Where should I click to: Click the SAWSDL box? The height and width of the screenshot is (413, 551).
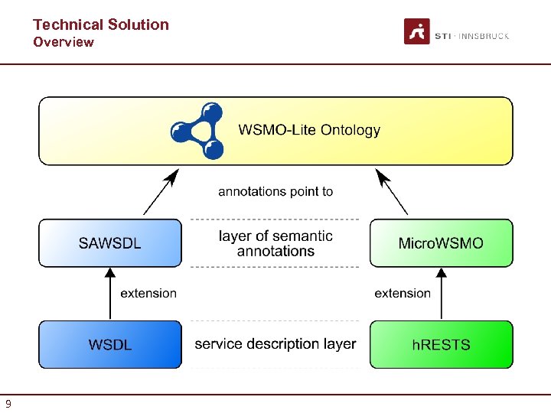pos(110,243)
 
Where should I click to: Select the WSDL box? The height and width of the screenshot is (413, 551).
pos(110,344)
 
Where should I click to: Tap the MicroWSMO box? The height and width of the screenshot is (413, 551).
pos(441,243)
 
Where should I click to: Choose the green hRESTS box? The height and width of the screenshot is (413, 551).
pos(441,344)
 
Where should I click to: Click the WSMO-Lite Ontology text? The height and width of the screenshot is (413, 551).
pos(309,130)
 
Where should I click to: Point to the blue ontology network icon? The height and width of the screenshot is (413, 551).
pos(197,131)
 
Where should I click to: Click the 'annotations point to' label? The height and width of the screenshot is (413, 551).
pos(275,191)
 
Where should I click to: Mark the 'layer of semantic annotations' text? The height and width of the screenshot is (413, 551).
pos(275,243)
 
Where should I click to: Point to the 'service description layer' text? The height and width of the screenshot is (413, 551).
pos(275,344)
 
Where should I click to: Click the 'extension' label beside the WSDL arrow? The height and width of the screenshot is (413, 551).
pos(148,293)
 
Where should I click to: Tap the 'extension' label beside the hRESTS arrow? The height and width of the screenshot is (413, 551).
pos(403,293)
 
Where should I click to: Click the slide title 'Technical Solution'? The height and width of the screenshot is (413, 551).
pos(100,24)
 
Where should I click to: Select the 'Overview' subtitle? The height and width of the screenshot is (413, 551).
pos(64,42)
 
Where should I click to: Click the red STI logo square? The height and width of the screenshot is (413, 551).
pos(416,31)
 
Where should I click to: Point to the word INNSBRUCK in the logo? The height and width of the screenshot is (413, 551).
pos(484,36)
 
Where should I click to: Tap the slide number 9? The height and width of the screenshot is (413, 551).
pos(8,404)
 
